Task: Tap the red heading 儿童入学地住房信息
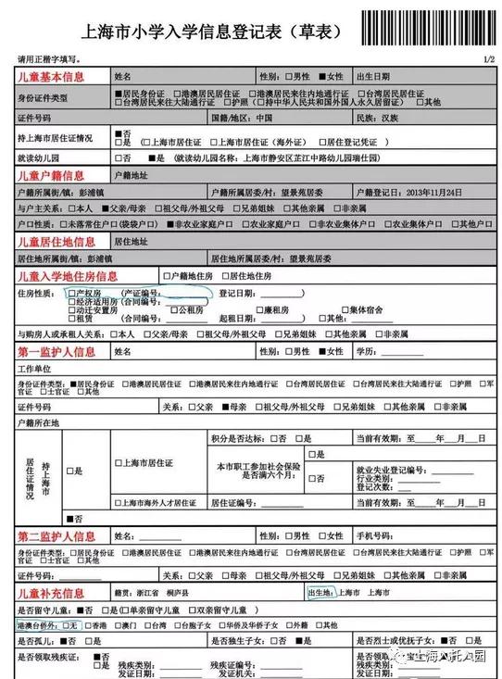(68, 276)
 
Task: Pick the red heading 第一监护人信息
(56, 352)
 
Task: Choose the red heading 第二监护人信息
(56, 536)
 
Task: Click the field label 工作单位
(34, 369)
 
